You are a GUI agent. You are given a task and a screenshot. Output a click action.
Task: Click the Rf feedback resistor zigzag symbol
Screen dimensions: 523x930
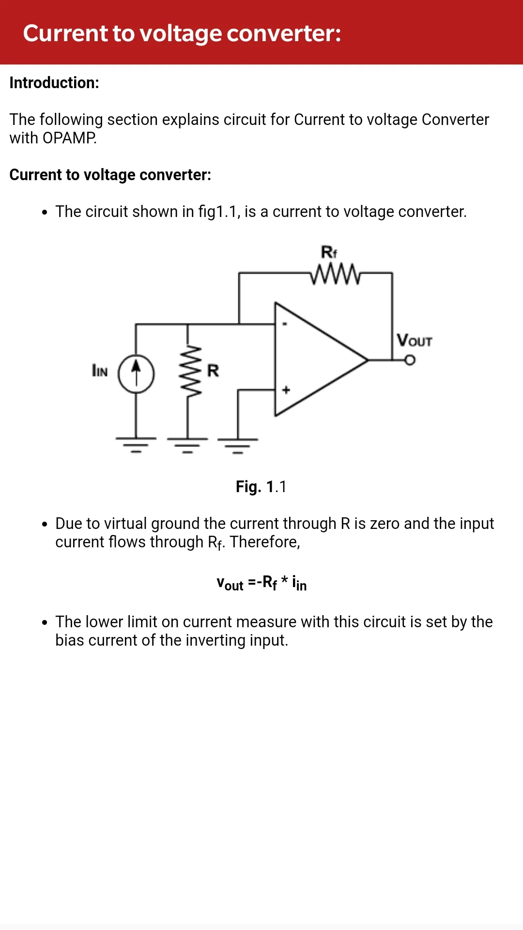tap(335, 274)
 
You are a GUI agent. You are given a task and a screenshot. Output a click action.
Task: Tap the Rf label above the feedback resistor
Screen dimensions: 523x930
tap(329, 252)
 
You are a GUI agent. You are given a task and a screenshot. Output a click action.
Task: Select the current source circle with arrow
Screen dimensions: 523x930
tap(137, 374)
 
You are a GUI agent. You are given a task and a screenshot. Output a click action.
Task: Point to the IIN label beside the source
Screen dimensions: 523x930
tap(100, 371)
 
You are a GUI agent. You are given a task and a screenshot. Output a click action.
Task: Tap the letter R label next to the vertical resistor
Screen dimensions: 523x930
tap(213, 371)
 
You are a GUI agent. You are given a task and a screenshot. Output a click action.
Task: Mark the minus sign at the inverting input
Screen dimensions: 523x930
tap(285, 324)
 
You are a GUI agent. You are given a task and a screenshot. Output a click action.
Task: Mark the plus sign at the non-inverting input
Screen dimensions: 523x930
tap(286, 389)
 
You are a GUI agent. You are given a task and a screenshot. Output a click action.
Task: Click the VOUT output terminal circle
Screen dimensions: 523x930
tap(410, 360)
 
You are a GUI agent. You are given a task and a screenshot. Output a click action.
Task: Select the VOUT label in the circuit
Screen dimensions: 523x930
tap(414, 340)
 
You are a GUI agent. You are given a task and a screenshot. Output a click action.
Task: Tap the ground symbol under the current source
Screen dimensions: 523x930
tap(136, 445)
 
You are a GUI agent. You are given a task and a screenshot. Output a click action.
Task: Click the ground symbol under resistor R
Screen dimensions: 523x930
tap(187, 445)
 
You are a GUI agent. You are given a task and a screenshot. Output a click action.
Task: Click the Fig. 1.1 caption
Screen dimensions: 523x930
tap(261, 486)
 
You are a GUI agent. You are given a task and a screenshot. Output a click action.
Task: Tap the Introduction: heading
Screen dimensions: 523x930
tap(54, 83)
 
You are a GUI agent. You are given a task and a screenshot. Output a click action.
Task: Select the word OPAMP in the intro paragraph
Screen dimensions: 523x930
tap(69, 138)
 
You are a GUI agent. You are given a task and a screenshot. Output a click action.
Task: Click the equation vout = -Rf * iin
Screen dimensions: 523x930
tap(261, 583)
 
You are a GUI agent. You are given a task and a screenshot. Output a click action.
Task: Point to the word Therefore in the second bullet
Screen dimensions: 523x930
tap(265, 542)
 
